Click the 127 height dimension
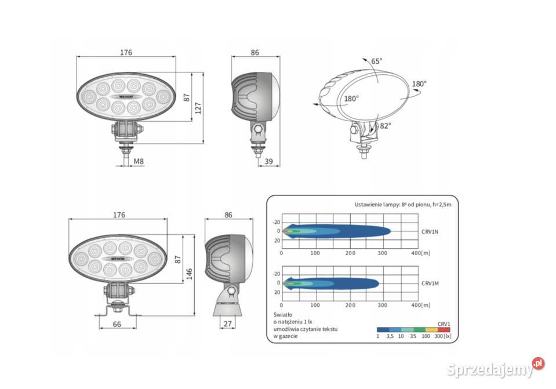tap(198, 108)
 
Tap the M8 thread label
tap(139, 161)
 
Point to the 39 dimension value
tap(268, 161)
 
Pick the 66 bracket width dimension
tap(117, 324)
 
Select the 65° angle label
tap(377, 61)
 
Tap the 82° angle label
tap(385, 125)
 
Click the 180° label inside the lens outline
tap(351, 99)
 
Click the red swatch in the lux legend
tap(444, 329)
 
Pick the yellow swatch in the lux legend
tap(431, 329)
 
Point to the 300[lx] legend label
tap(443, 336)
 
